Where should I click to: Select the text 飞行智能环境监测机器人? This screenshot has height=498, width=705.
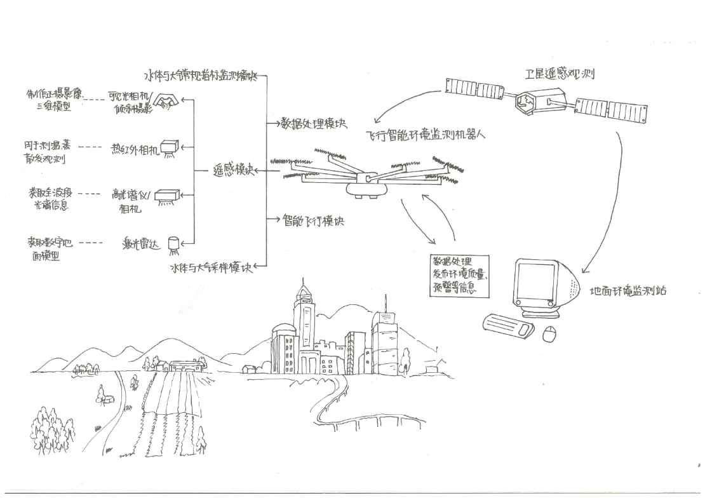(x=426, y=135)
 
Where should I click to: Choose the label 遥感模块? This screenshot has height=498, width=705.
(x=233, y=171)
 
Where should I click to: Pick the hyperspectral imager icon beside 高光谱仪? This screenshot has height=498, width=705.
(x=169, y=196)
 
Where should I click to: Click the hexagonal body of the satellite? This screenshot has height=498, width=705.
(x=526, y=102)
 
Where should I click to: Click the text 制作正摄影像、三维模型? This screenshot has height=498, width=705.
(x=55, y=99)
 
